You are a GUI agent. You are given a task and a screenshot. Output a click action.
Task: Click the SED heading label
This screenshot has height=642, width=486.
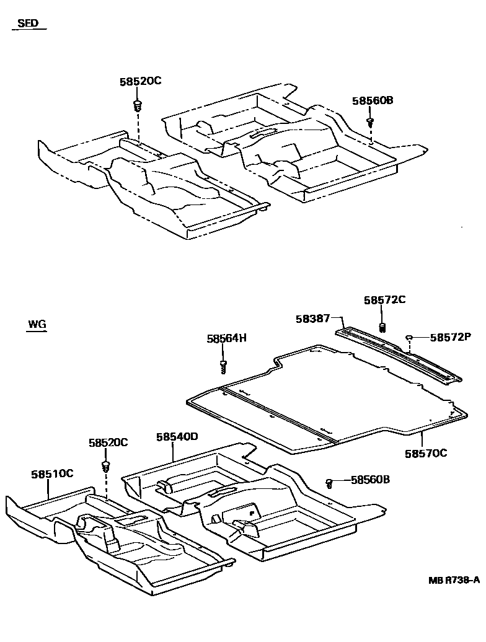point(27,24)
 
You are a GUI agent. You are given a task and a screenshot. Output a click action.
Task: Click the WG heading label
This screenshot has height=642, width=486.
point(37,325)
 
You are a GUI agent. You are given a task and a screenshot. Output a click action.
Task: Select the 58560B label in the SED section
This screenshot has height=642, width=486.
point(373,100)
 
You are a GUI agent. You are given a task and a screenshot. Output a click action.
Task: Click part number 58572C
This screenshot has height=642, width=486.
point(384,300)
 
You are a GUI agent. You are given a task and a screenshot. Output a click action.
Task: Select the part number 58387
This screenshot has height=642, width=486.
point(312,319)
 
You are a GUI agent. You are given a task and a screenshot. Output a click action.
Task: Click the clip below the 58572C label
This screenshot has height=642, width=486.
point(382,327)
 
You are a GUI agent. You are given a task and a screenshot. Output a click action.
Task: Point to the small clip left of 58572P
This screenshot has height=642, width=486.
point(410,337)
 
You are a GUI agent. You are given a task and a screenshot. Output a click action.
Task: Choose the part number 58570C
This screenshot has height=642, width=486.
point(426,453)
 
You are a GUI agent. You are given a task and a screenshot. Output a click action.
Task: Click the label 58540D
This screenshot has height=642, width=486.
point(177,436)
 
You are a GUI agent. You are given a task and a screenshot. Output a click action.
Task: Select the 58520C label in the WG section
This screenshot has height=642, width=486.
point(108,442)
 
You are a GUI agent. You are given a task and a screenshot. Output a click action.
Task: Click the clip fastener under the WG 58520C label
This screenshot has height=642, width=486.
point(106,465)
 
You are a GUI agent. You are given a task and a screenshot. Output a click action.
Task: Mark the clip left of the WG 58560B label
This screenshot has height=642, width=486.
point(330,481)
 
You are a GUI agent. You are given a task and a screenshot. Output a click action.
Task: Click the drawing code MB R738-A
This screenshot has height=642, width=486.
point(454,581)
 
